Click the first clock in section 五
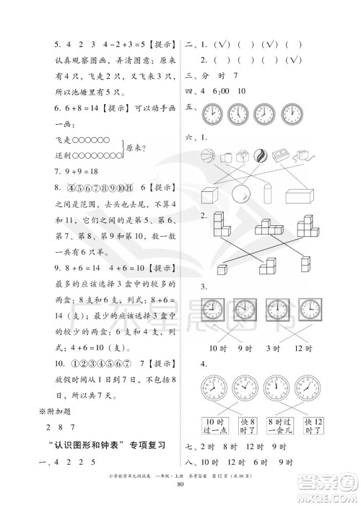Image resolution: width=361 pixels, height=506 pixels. pyautogui.click(x=212, y=113)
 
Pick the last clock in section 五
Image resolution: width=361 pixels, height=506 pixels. pyautogui.click(x=291, y=113)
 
